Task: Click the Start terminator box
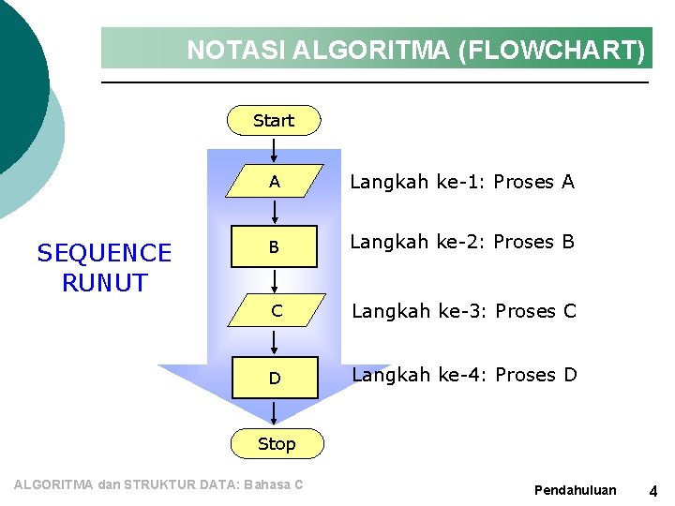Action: click(274, 121)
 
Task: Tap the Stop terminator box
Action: click(276, 444)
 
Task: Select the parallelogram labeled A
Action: click(274, 183)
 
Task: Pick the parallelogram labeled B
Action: click(274, 248)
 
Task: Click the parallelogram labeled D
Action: click(274, 379)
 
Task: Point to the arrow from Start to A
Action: click(274, 150)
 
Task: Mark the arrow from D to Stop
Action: click(274, 411)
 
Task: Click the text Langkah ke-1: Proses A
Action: click(462, 182)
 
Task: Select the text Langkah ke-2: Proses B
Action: click(462, 242)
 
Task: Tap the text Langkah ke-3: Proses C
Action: click(463, 311)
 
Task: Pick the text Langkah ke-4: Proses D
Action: click(463, 375)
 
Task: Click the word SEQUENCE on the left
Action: click(104, 253)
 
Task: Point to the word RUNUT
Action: click(104, 282)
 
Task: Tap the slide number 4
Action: click(653, 490)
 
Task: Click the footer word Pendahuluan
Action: click(575, 490)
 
